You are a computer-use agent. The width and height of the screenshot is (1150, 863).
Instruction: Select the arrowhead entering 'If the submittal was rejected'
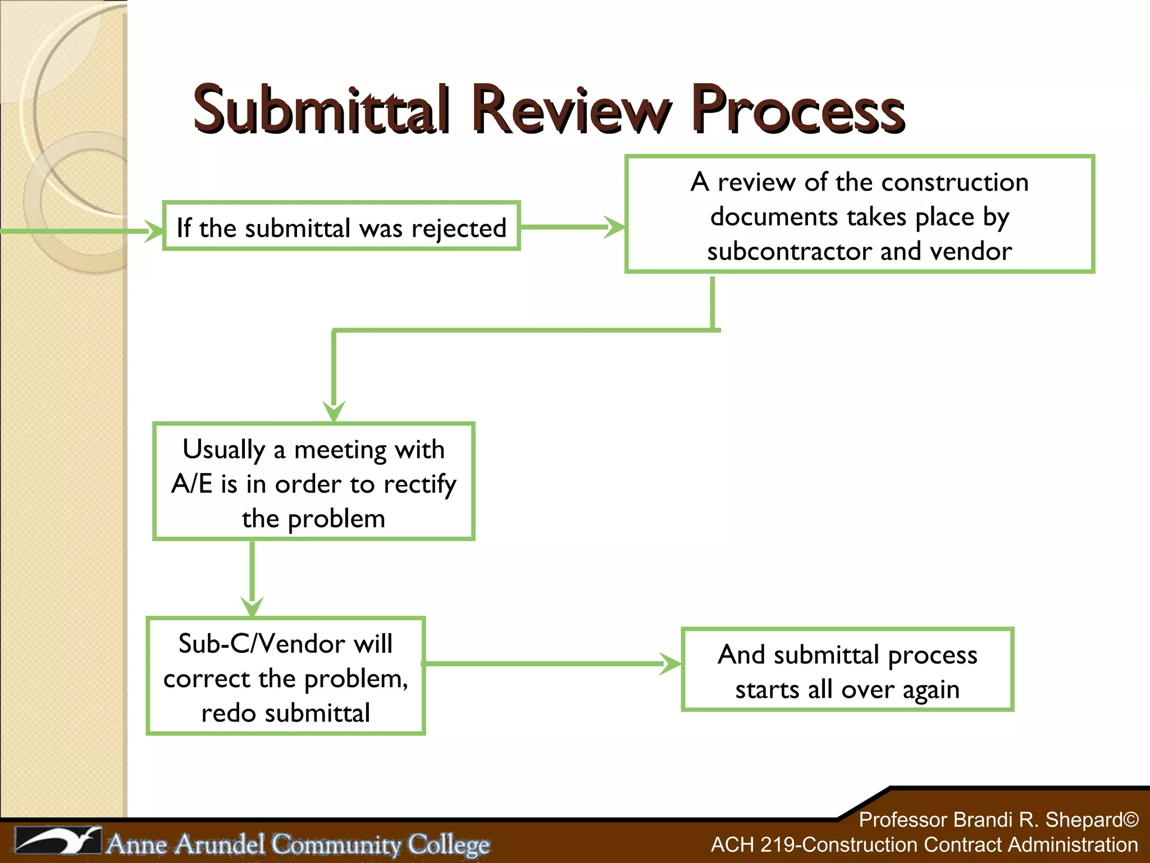[x=154, y=231]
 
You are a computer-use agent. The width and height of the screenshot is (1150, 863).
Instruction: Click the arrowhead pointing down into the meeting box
[x=334, y=411]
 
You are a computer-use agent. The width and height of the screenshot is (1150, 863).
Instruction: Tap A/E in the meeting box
[x=192, y=484]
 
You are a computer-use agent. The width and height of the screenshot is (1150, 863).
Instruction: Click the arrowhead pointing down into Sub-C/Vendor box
[x=252, y=606]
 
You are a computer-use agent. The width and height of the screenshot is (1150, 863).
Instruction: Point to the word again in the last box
[x=930, y=690]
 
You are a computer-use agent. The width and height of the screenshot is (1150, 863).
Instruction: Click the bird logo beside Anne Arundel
[x=58, y=841]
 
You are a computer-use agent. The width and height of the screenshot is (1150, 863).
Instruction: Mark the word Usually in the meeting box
[x=223, y=449]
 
